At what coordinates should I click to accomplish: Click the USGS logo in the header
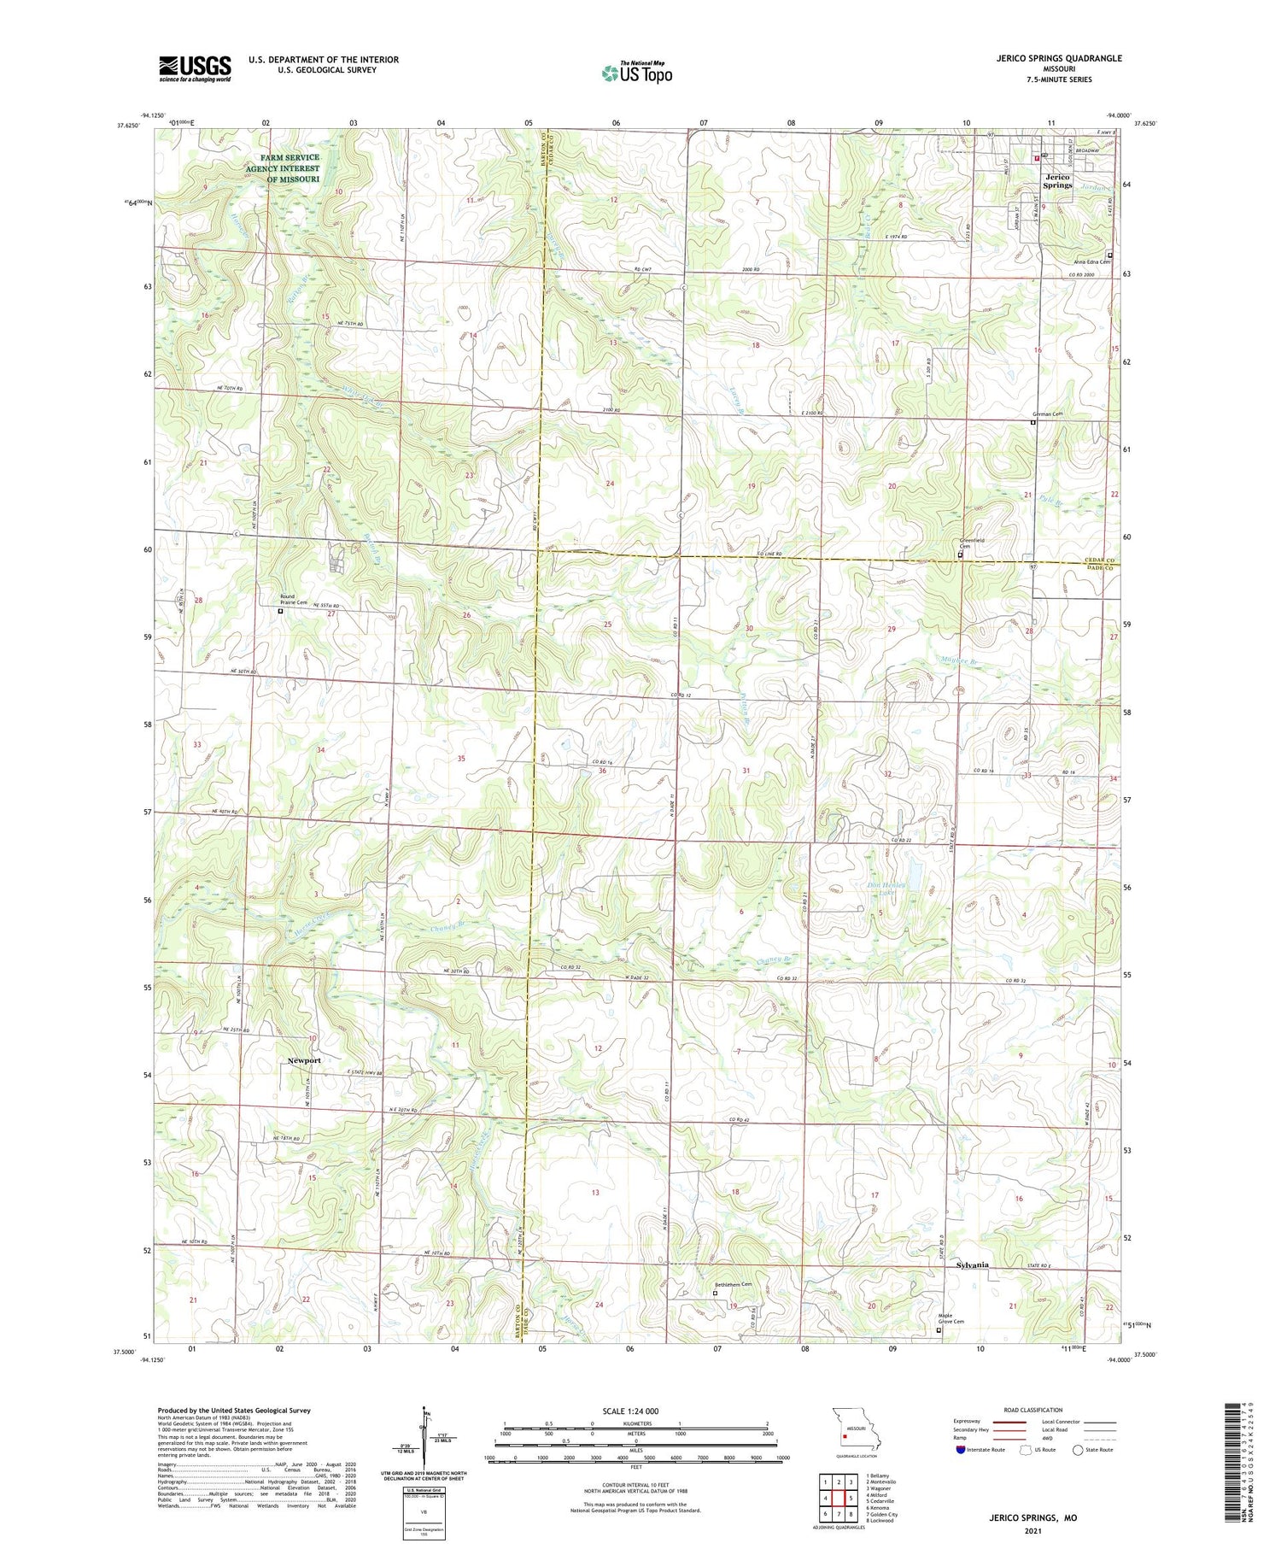click(195, 68)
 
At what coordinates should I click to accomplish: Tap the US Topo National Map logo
click(636, 73)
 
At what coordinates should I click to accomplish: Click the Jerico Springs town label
click(1057, 181)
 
